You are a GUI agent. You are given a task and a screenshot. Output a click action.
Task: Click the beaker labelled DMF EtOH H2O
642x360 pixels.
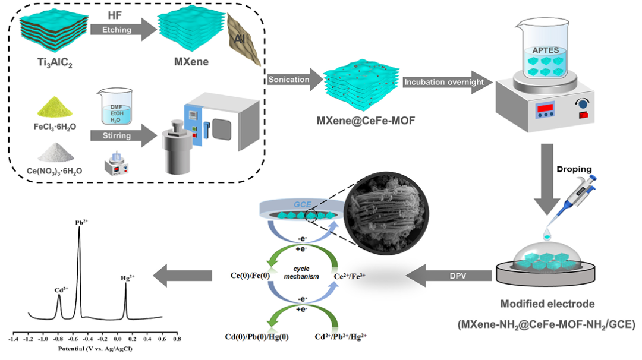(117, 107)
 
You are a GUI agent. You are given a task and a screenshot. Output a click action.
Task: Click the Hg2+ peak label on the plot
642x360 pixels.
(128, 276)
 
